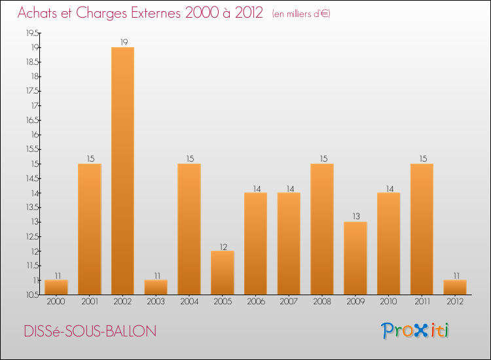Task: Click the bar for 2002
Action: [x=122, y=171]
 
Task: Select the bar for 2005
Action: [x=222, y=273]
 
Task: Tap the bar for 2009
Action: [x=355, y=259]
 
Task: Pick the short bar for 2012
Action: [x=455, y=287]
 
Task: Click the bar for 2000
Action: [x=56, y=287]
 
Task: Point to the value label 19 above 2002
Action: [x=122, y=42]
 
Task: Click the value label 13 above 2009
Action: [x=355, y=217]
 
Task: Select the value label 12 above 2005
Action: [x=222, y=246]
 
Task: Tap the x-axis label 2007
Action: [x=289, y=302]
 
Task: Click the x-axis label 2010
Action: [x=388, y=302]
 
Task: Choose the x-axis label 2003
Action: [x=155, y=302]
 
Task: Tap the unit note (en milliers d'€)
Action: [x=301, y=14]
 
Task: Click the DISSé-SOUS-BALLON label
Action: [x=91, y=331]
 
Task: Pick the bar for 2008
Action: [x=322, y=229]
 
